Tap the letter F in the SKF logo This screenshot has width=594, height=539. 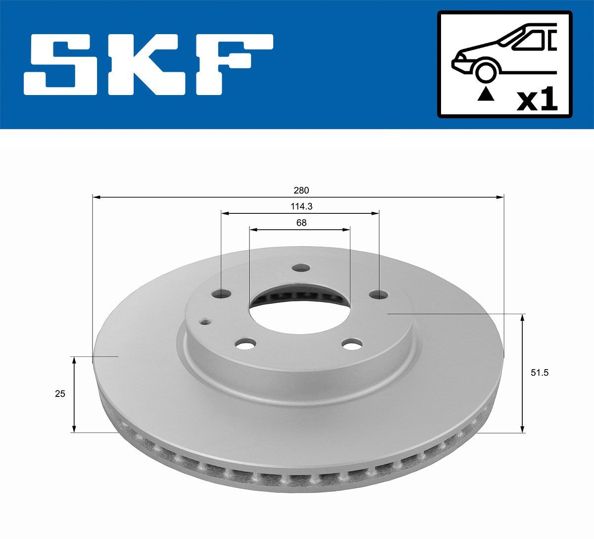237,64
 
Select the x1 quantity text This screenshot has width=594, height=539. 537,100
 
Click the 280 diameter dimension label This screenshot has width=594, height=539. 301,190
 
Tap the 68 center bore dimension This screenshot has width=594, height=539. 301,223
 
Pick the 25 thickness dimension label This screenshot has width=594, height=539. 60,394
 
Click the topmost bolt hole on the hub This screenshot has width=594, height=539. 300,268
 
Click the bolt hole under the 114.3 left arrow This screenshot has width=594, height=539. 221,294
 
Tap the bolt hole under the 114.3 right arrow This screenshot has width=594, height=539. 379,295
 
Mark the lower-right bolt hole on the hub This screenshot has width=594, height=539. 353,344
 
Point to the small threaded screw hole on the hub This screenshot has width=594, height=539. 204,322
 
